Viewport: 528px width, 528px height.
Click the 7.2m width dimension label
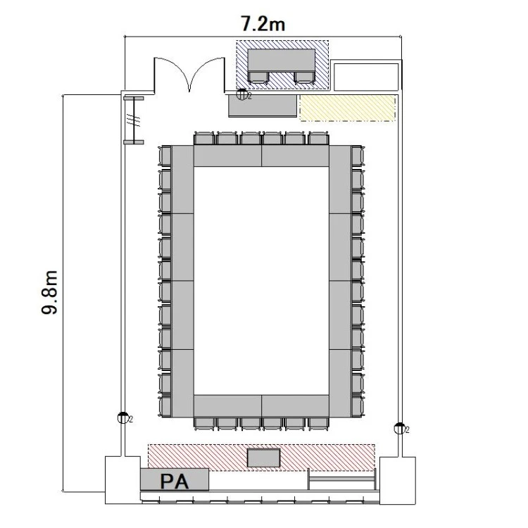coord(263,24)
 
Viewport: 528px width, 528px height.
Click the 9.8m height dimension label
coord(50,292)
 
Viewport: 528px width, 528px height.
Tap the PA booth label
coord(174,482)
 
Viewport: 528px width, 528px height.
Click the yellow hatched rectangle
coord(348,108)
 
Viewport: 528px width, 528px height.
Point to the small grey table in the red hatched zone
coord(264,458)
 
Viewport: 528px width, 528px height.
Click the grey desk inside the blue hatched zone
coord(282,60)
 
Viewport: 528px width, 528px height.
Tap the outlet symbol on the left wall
coord(123,418)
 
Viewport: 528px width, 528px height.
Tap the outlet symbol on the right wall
coord(399,428)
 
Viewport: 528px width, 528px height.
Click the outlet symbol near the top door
coord(241,95)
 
